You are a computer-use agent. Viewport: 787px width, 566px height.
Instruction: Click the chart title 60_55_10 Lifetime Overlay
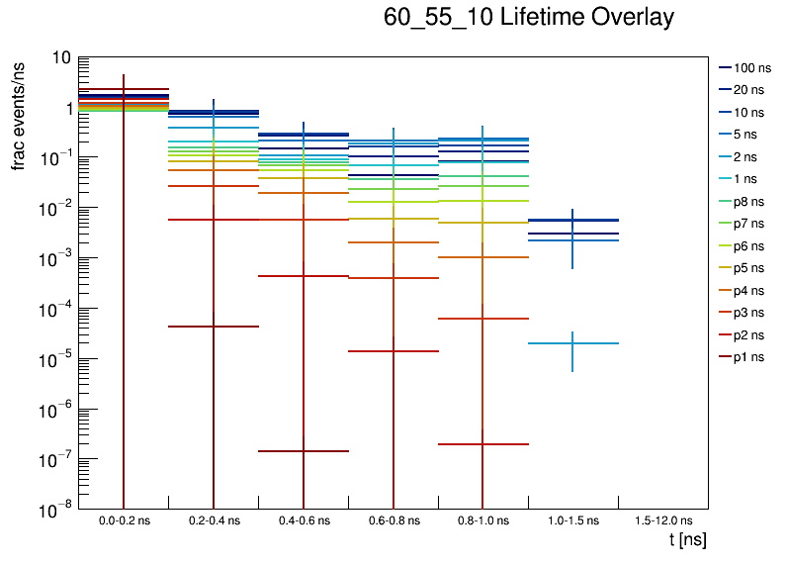tap(529, 18)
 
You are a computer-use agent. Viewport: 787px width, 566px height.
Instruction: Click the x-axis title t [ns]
tap(687, 540)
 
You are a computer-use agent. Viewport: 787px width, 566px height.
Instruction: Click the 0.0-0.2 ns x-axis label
tap(123, 520)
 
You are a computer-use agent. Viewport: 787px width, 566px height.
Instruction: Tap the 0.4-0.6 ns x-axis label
tap(303, 520)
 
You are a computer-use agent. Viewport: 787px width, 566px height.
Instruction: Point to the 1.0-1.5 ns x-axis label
tap(572, 520)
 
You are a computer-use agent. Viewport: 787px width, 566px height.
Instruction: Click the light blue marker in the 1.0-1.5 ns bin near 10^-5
tap(572, 343)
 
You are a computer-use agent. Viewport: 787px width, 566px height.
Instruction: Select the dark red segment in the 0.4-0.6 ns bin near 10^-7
tap(303, 451)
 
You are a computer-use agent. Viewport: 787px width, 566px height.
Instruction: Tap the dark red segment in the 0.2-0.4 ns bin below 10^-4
tap(214, 327)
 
